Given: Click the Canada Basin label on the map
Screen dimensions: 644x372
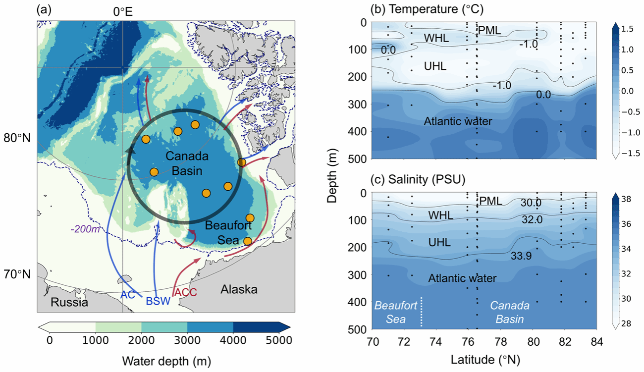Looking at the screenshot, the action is tap(187, 163).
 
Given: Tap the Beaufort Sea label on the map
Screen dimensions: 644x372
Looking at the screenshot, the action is tap(228, 232).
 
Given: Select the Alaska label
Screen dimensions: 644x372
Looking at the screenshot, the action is tap(239, 289).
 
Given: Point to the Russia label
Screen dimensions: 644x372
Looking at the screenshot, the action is tap(69, 302).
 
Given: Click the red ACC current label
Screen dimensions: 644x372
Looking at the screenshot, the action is tap(186, 292).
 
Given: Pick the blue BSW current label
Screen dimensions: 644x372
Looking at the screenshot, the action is tap(158, 301).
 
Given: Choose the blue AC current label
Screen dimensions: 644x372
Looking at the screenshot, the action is tap(128, 295).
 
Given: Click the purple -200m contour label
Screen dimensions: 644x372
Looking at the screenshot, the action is tap(85, 229).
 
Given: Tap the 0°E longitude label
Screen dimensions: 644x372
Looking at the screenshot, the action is tap(123, 12).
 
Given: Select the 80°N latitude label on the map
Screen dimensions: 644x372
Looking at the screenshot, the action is tap(17, 138).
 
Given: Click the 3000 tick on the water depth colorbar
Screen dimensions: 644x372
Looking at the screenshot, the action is tap(187, 340).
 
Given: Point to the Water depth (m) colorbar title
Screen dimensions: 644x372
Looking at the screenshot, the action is tap(166, 361).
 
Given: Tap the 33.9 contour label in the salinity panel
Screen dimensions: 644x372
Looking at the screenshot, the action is tap(521, 256).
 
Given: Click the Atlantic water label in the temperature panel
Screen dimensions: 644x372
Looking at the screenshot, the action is tap(458, 121).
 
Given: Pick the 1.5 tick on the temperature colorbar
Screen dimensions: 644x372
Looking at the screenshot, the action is tap(627, 29).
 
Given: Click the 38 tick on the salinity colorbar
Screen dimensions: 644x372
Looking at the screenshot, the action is tap(626, 199).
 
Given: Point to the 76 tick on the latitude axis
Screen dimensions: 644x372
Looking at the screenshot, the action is tap(468, 342).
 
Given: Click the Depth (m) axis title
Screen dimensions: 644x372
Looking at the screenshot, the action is tap(332, 176).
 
